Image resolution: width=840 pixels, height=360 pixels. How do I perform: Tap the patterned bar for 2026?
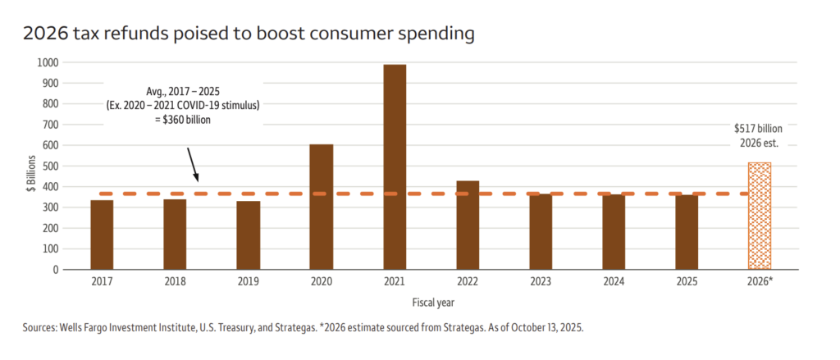[x=760, y=216]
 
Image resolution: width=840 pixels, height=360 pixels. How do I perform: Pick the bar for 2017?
[x=102, y=235]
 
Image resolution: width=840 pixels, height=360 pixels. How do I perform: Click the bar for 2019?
[x=248, y=235]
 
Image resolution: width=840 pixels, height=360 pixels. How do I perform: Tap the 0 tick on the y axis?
[x=55, y=269]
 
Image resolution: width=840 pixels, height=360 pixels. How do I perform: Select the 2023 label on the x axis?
[x=541, y=282]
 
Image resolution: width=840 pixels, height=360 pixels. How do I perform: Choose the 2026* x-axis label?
[x=760, y=282]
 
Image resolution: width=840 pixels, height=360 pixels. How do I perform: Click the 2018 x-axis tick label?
[x=175, y=282]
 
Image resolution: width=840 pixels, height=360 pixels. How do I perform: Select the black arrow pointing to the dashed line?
[x=193, y=164]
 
